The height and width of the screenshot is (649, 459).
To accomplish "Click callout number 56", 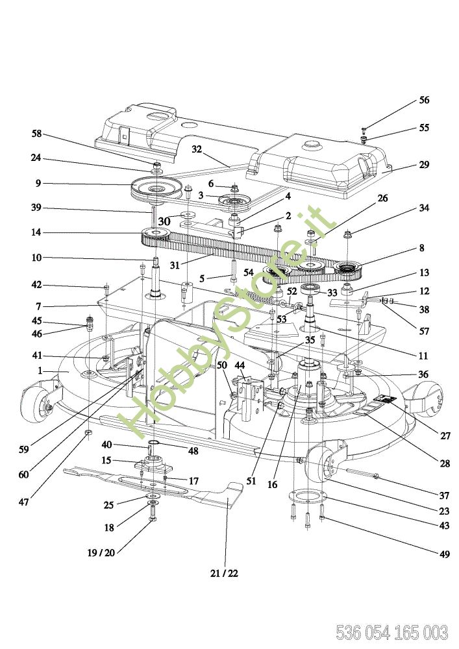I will point(424,101).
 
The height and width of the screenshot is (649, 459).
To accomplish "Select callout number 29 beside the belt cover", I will point(424,165).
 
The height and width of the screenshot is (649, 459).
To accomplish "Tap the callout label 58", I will point(36,134).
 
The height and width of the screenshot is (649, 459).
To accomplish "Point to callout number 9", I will point(38,184).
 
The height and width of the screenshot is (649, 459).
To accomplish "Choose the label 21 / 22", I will point(224,573).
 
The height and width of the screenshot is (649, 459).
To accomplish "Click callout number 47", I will point(24,502).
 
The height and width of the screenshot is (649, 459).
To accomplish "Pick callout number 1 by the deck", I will point(40,371).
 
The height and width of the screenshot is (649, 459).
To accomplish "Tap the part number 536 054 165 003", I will point(391,631).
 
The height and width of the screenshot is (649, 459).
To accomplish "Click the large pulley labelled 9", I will point(155,188).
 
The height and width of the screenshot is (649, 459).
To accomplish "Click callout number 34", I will point(424,208).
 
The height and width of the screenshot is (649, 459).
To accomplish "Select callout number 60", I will point(23,474).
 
